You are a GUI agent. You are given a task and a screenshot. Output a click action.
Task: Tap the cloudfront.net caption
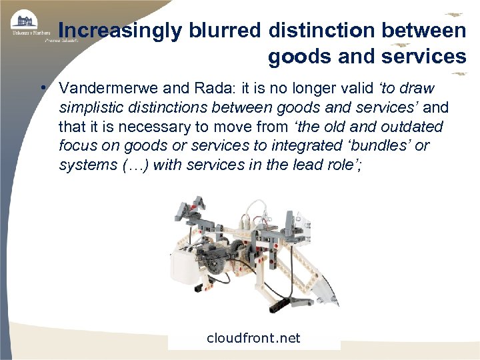coord(253,338)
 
